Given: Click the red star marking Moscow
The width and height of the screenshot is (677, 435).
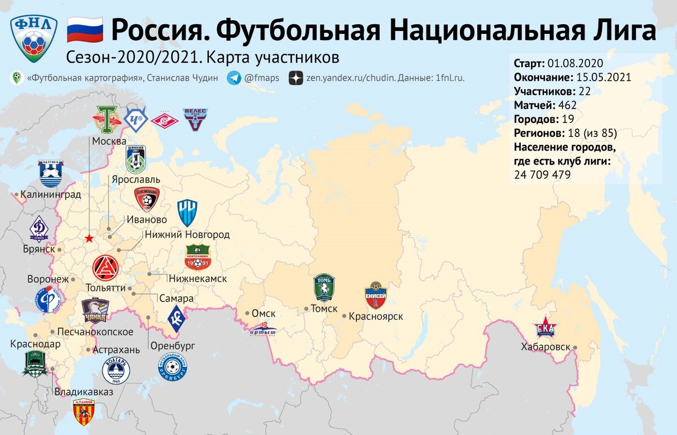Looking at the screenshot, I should [x=89, y=239].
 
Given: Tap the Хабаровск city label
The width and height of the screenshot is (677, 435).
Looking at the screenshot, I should [x=546, y=347].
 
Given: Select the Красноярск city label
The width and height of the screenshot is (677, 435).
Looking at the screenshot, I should [x=376, y=317].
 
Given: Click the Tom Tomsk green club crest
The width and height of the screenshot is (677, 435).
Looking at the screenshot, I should [x=324, y=288].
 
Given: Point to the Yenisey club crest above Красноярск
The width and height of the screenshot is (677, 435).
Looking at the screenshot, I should [x=376, y=295].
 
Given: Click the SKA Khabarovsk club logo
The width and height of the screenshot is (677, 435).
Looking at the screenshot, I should [x=545, y=329].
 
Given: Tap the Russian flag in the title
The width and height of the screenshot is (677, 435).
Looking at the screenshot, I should [x=85, y=30].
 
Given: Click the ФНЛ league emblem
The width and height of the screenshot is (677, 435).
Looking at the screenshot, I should [x=34, y=37].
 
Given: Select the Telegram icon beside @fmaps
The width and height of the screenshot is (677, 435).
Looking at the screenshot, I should [x=234, y=78].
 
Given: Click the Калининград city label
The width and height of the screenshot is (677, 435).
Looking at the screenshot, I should [x=50, y=195].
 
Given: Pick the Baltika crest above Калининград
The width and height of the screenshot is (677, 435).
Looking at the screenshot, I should [x=51, y=173].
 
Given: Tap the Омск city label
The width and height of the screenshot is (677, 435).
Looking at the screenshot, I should [x=263, y=314].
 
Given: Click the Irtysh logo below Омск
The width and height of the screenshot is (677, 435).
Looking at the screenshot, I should [x=263, y=332].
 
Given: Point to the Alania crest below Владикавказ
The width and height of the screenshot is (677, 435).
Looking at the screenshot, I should [x=83, y=411].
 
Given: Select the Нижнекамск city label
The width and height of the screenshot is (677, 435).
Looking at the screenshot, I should [x=197, y=279].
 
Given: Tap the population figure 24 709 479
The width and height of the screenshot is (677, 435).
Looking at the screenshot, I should [x=542, y=175].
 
